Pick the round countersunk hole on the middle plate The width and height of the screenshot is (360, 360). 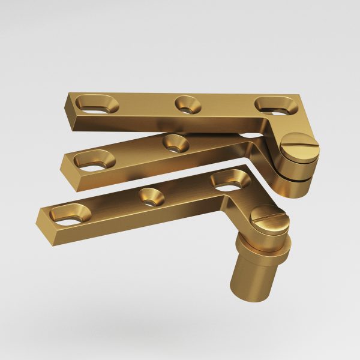pos(175,143)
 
